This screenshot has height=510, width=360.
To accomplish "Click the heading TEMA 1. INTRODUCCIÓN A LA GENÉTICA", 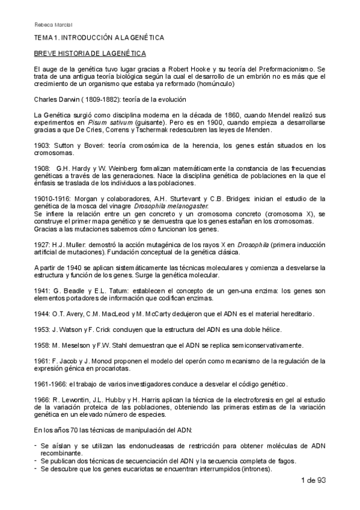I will (x=99, y=38).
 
